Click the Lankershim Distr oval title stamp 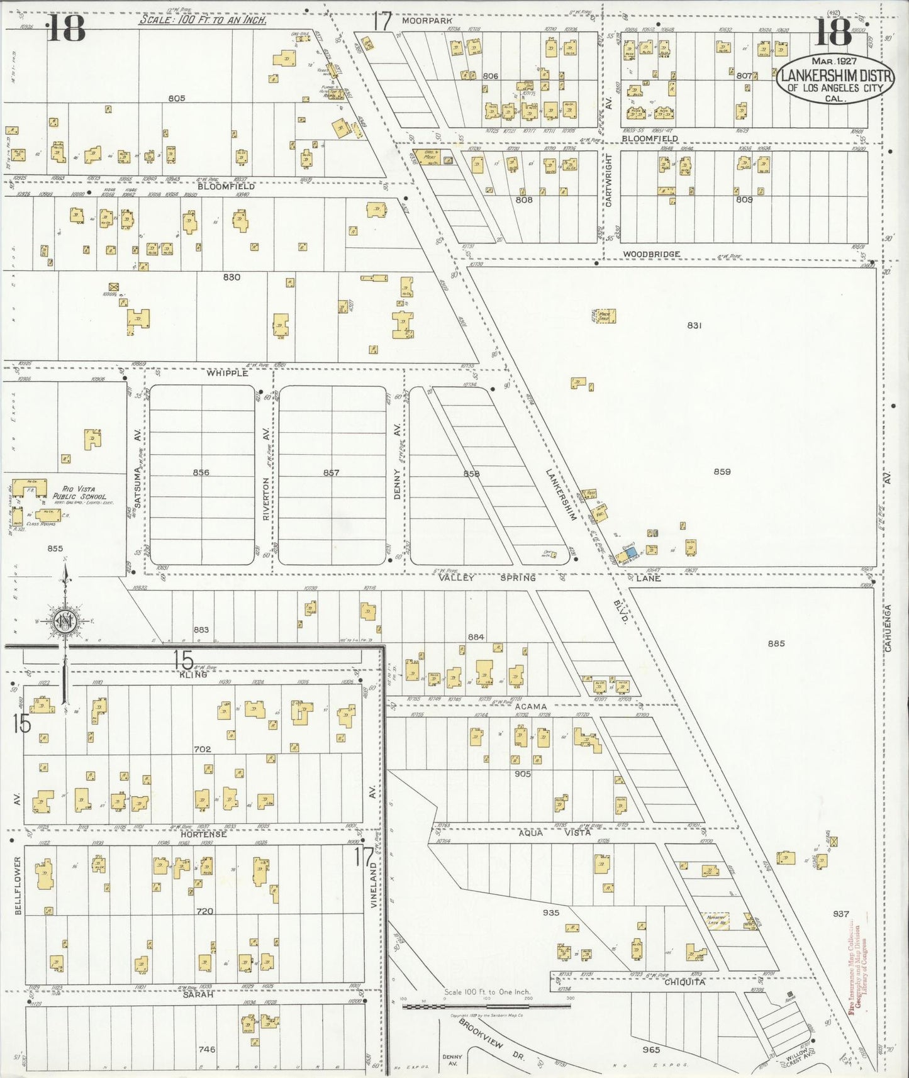[836, 81]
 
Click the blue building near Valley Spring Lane [630, 551]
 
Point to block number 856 [201, 472]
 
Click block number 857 [332, 473]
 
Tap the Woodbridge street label [651, 254]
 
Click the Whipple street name [228, 373]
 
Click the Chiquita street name [684, 982]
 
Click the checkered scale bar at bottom [486, 1006]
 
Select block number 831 [694, 325]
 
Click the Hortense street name [203, 834]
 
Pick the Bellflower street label [18, 884]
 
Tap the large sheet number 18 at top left [66, 28]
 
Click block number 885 [776, 643]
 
